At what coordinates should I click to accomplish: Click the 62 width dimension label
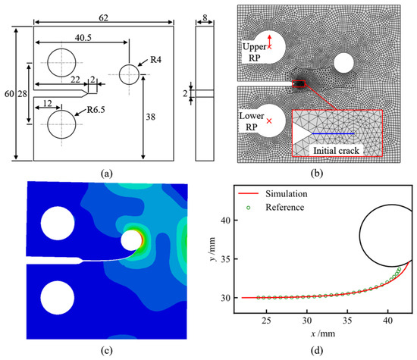103,18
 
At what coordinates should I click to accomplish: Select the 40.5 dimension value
83,38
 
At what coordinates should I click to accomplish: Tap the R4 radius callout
156,60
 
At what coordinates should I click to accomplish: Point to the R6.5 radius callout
96,110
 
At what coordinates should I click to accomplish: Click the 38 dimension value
151,117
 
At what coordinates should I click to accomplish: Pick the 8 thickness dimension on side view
205,18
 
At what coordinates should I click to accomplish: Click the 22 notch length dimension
75,80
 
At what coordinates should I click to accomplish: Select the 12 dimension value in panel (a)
48,103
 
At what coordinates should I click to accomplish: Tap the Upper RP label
255,52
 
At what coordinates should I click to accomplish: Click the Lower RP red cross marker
269,121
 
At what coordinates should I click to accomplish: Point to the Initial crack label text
336,151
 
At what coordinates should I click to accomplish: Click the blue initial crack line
333,133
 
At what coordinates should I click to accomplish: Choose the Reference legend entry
275,208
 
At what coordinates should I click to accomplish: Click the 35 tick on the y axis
225,259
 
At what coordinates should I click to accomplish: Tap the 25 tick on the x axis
266,321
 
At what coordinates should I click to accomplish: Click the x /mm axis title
322,333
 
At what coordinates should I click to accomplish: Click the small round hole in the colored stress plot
131,240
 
